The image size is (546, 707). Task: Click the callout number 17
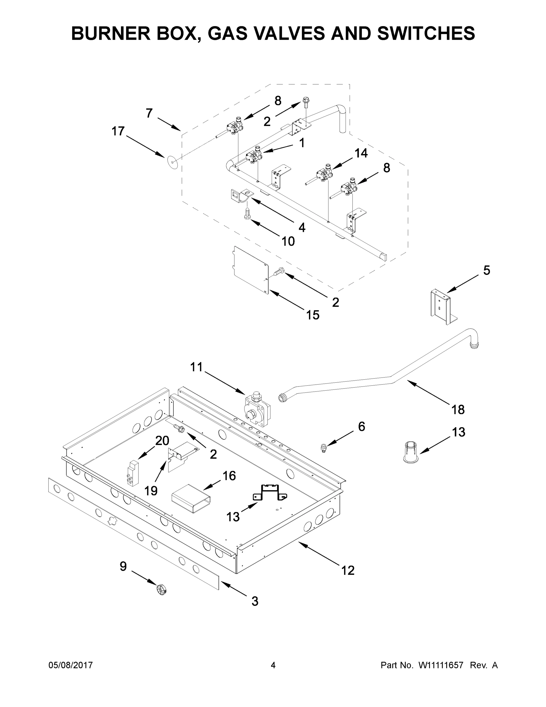[x=118, y=131]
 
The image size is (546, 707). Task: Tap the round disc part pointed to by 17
[x=173, y=161]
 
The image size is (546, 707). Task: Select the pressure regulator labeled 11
[x=258, y=409]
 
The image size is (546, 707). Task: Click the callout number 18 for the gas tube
[x=458, y=409]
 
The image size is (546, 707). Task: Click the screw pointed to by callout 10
[x=248, y=214]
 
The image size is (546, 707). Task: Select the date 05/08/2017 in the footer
[x=71, y=665]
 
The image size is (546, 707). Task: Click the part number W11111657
[x=441, y=665]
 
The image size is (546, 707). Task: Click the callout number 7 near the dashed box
[x=149, y=113]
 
